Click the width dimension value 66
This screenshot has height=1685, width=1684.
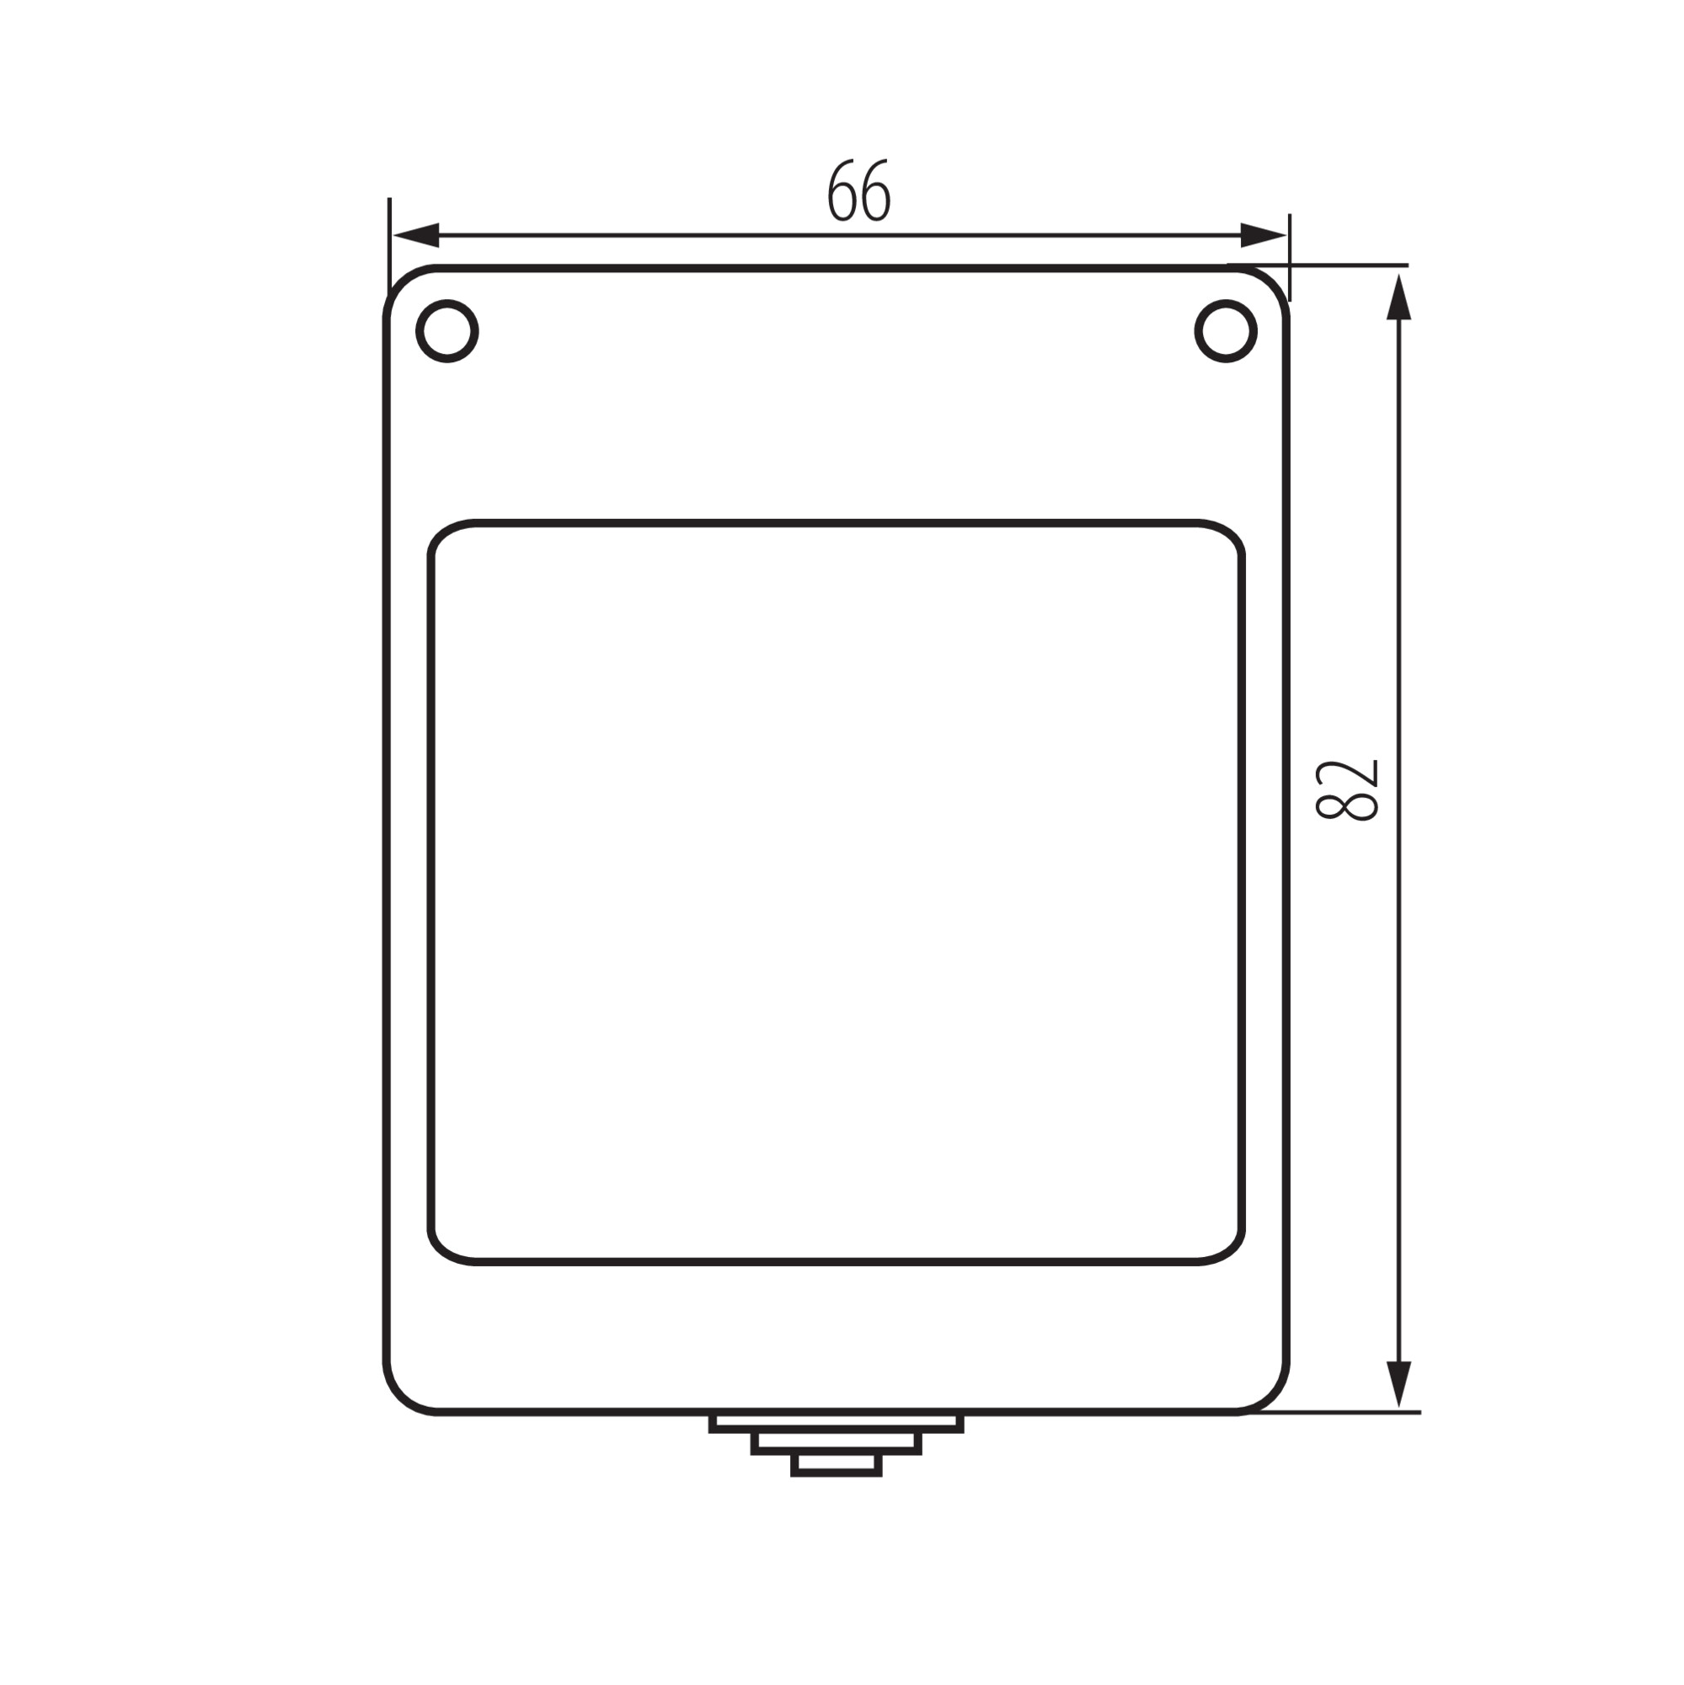coord(858,190)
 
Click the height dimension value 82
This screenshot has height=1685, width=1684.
coord(1347,790)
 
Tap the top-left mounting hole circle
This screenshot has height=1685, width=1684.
coord(447,330)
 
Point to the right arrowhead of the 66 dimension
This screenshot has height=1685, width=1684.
coord(1264,236)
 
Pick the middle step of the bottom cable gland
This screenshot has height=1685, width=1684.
coord(837,1444)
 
